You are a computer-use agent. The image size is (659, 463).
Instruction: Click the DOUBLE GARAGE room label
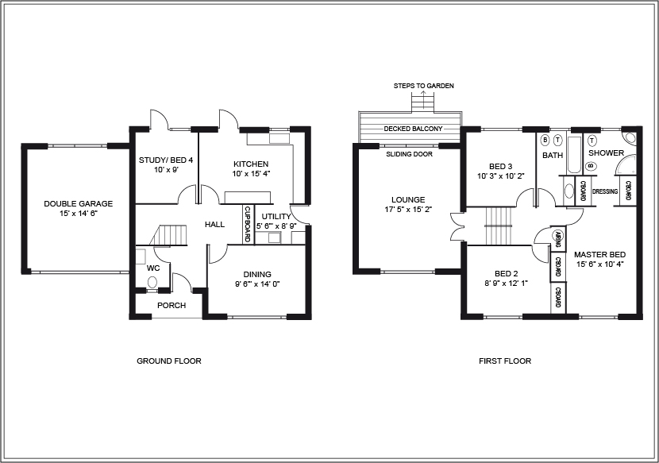pyautogui.click(x=78, y=204)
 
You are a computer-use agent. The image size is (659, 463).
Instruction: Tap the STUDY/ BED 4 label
pyautogui.click(x=166, y=160)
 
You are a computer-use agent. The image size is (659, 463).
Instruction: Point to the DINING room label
pyautogui.click(x=256, y=274)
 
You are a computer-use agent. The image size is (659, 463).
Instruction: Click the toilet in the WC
pyautogui.click(x=152, y=282)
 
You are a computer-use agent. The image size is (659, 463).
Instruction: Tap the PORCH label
pyautogui.click(x=171, y=306)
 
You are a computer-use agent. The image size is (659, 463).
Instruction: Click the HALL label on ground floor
pyautogui.click(x=214, y=225)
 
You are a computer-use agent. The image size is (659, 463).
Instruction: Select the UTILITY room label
pyautogui.click(x=276, y=216)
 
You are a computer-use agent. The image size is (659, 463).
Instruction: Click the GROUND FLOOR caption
pyautogui.click(x=169, y=361)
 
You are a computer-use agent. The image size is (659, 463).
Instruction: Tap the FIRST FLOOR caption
pyautogui.click(x=505, y=361)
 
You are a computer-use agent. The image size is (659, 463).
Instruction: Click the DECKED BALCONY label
pyautogui.click(x=413, y=129)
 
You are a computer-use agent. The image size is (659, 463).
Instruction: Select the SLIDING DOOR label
pyautogui.click(x=409, y=154)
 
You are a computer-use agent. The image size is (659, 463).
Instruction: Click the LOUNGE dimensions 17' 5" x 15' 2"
pyautogui.click(x=408, y=210)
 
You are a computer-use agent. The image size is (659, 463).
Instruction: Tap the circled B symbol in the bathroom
pyautogui.click(x=545, y=140)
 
